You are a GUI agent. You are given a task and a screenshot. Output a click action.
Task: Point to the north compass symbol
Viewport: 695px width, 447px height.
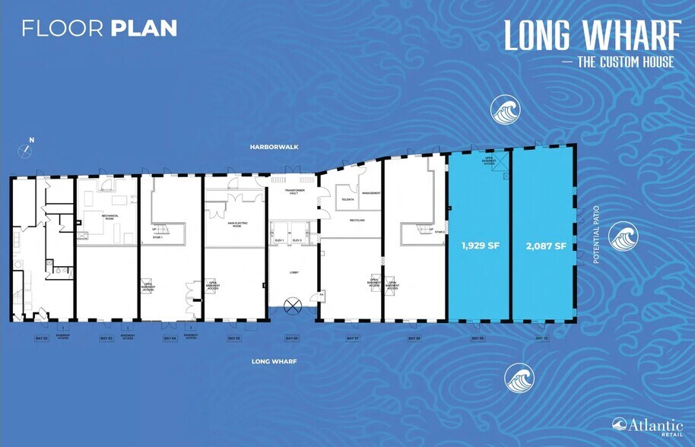[x=28, y=149]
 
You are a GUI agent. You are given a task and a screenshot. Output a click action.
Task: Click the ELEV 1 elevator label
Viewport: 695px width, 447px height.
[x=279, y=239]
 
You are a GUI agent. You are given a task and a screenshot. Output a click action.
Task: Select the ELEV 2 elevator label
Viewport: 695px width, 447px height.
[x=297, y=239]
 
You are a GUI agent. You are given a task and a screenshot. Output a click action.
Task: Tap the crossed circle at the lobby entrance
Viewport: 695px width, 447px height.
[x=292, y=307]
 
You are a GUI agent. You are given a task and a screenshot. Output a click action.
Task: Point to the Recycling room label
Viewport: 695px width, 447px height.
[x=357, y=220]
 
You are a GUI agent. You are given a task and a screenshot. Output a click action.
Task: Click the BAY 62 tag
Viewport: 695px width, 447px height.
[x=41, y=338]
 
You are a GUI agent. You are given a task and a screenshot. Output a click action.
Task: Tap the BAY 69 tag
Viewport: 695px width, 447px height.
[x=477, y=338]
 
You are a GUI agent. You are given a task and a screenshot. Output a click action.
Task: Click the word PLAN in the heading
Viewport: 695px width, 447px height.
[x=144, y=29]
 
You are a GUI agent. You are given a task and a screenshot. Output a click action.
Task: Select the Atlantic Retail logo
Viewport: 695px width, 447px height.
[x=636, y=426]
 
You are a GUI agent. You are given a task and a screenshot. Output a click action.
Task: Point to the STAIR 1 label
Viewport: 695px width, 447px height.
[x=157, y=237]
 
